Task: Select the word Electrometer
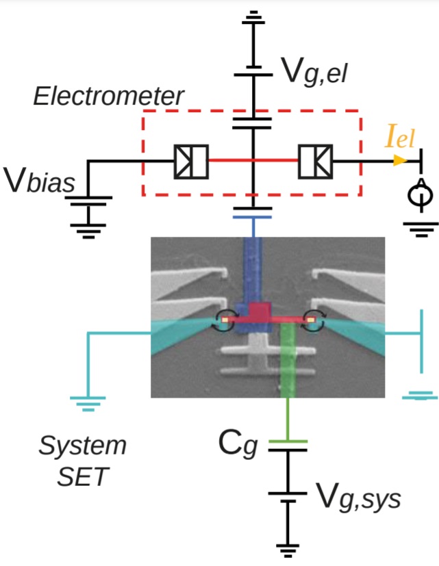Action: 109,97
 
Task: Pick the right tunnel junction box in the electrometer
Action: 315,161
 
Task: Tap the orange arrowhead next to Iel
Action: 397,161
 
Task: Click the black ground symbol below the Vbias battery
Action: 87,227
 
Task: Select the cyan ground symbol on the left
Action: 86,402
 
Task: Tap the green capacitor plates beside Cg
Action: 287,446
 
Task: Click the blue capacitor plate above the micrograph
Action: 254,216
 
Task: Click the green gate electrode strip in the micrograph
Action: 288,359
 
